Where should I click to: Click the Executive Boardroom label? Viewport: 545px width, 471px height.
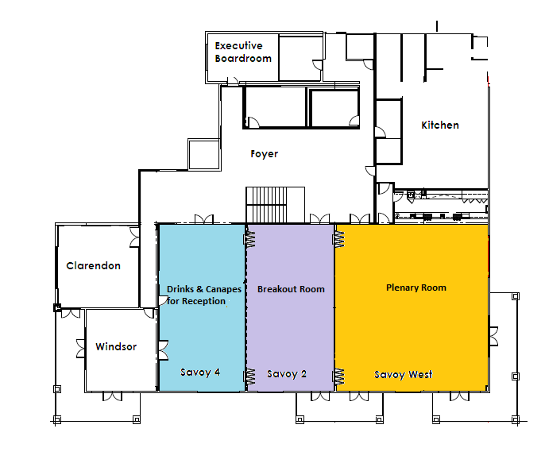tap(243, 52)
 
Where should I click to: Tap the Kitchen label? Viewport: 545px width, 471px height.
tap(440, 125)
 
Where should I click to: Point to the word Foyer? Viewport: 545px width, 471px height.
tap(264, 154)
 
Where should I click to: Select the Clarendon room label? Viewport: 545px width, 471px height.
tap(93, 266)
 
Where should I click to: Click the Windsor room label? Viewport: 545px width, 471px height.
tap(116, 346)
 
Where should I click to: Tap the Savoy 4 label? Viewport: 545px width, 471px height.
tap(200, 373)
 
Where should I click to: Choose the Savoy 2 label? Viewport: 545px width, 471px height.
tap(287, 374)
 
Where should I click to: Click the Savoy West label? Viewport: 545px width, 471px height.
tap(404, 375)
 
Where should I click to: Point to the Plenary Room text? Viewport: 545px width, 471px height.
tap(416, 288)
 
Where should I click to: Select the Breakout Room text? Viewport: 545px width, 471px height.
tap(291, 289)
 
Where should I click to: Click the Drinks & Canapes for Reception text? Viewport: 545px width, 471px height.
tap(204, 295)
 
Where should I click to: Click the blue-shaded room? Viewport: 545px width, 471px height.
tap(202, 307)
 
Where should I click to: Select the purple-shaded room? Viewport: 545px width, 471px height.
tap(291, 307)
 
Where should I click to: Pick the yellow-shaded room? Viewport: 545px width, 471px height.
tap(412, 307)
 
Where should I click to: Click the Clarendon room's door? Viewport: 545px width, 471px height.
tap(135, 237)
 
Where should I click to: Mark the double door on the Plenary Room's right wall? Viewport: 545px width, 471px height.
tap(493, 336)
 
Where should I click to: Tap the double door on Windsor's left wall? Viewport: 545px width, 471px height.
tap(81, 349)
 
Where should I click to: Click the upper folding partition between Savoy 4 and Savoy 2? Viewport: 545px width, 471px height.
tap(249, 240)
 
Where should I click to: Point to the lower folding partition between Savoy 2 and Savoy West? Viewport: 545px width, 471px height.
tap(338, 376)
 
